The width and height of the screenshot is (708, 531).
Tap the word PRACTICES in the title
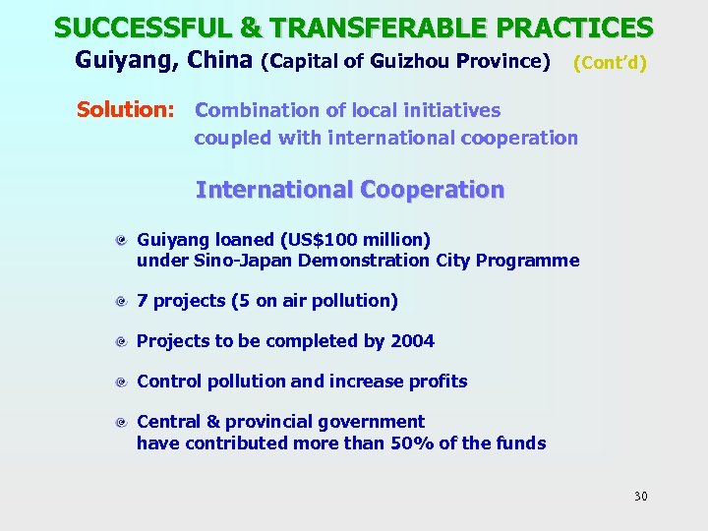point(568,27)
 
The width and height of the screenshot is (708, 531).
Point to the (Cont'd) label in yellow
point(610,62)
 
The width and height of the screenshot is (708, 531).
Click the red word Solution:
point(126,109)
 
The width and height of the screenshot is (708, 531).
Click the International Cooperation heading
point(350,189)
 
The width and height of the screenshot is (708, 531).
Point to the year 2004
point(412,341)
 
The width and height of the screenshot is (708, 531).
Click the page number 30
point(640,496)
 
